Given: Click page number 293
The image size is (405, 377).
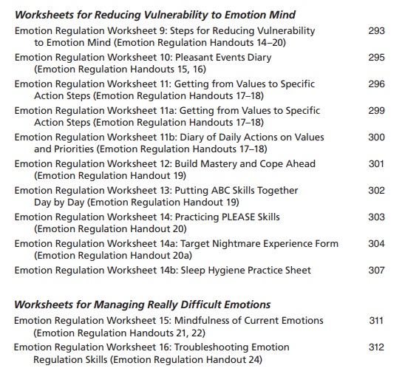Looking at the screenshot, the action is [x=376, y=31].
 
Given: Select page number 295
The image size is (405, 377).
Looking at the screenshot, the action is [x=376, y=58].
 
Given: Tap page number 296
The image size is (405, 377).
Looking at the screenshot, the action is [x=376, y=84].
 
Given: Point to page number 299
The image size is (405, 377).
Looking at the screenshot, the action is [x=376, y=111].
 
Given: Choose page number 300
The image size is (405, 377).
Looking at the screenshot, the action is [x=376, y=137].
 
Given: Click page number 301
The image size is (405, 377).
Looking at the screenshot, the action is [x=376, y=164].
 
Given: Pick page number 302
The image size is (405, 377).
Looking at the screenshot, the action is [x=376, y=191].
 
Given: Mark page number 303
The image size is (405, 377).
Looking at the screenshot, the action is [x=376, y=217].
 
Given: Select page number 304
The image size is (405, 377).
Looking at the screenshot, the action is [x=376, y=244].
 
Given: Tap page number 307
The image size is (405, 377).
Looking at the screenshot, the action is [x=376, y=271].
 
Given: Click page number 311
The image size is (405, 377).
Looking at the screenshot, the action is [x=376, y=321].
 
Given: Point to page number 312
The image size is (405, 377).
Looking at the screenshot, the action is [x=376, y=347].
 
